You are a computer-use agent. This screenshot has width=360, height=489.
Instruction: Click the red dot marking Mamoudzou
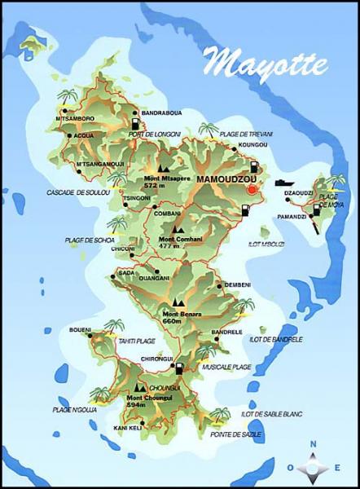click(252, 189)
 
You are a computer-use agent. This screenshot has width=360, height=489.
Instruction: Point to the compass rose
click(313, 466)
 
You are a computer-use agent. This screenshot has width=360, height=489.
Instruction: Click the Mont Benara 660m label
click(182, 318)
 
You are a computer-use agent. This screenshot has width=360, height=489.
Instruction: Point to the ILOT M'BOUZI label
click(268, 243)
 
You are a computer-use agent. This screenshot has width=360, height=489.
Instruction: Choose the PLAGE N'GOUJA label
click(75, 409)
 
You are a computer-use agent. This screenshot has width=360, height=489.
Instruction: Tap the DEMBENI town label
click(237, 284)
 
